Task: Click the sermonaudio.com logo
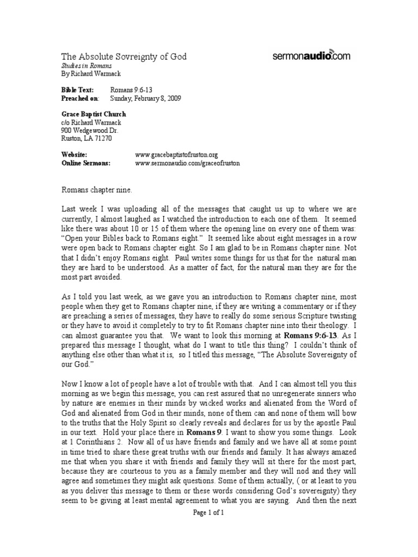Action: click(311, 55)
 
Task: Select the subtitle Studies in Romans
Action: click(82, 65)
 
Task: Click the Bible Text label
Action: click(77, 89)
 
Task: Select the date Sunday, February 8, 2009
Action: click(145, 98)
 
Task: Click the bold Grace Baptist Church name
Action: click(93, 114)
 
